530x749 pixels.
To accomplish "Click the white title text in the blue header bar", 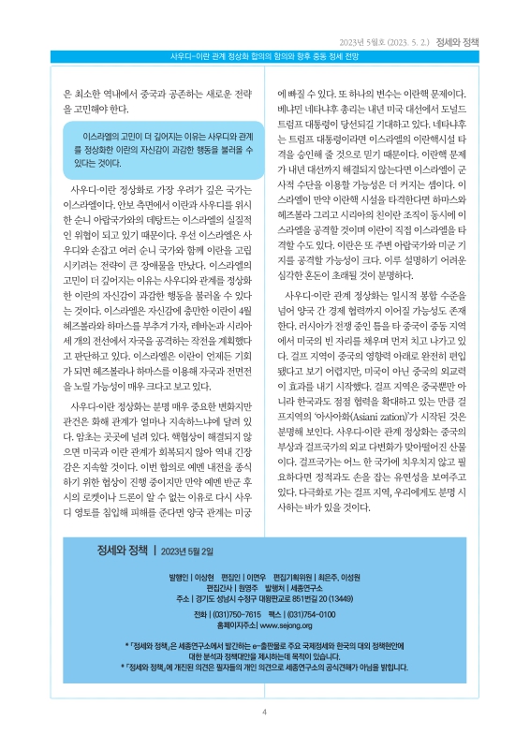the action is pyautogui.click(x=265, y=58).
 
